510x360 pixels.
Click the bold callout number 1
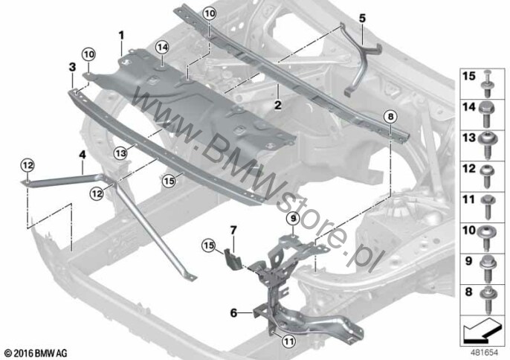[x=121, y=35]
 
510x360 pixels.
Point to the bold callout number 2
[x=277, y=105]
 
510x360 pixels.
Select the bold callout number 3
[x=72, y=68]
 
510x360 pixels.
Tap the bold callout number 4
[x=83, y=154]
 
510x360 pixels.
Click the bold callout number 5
[x=362, y=19]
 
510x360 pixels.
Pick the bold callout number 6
[x=233, y=313]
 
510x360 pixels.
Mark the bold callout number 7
[x=233, y=231]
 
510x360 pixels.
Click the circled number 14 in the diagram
[x=162, y=48]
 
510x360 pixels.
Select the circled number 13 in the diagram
[x=120, y=152]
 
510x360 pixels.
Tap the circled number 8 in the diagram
[x=390, y=117]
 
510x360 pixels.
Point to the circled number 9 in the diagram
[x=293, y=219]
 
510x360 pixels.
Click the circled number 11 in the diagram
[x=288, y=341]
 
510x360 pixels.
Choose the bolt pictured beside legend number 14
[x=487, y=115]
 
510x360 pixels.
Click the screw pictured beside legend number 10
[x=487, y=238]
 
